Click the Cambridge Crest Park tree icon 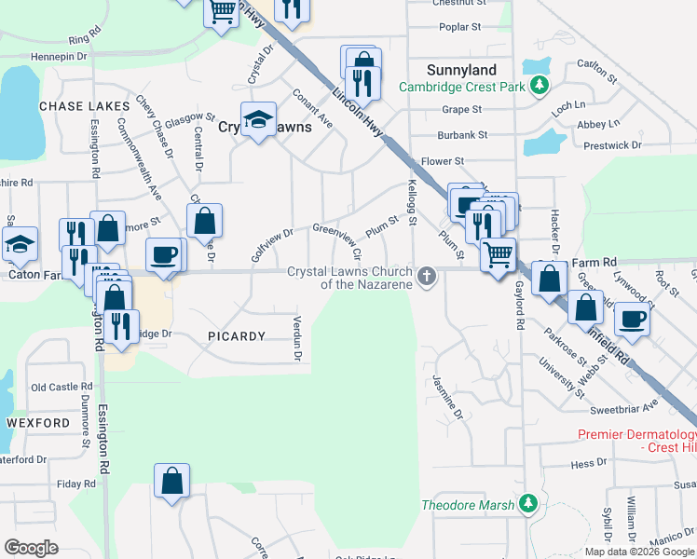539,87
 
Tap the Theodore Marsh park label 468,505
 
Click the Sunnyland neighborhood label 461,70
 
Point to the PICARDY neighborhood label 237,335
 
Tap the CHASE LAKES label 84,106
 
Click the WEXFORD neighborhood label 38,422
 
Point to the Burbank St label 462,135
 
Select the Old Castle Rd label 61,387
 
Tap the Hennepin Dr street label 58,56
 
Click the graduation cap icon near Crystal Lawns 258,119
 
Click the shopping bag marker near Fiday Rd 171,481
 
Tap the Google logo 31,548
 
